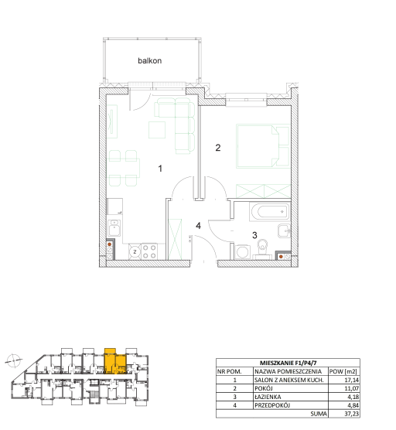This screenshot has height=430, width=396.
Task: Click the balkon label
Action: coord(149,60)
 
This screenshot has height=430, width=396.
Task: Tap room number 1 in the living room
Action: coord(160,169)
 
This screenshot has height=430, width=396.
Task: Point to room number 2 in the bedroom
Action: coord(218,148)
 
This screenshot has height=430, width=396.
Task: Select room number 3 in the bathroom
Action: coord(254,235)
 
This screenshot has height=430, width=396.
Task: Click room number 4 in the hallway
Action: coord(198,226)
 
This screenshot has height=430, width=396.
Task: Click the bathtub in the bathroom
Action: coord(269,211)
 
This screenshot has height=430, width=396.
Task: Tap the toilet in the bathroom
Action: coord(263,249)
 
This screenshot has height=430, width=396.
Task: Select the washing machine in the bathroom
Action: coord(242,251)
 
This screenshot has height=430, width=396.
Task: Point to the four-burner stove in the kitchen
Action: coord(149,251)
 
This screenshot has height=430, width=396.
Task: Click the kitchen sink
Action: coord(114,228)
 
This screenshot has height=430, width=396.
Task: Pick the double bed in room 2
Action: coord(263,146)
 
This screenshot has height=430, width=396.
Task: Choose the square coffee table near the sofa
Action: coord(157,130)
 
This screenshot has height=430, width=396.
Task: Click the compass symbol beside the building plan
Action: coord(13,360)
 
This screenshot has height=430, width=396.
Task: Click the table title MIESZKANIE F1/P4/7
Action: coord(288,363)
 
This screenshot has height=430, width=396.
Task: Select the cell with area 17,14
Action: coord(352,380)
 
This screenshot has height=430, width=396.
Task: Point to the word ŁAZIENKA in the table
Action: coord(268,397)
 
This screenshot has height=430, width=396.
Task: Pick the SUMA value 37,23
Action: coord(352,414)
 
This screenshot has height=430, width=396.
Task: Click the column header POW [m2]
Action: coord(343,371)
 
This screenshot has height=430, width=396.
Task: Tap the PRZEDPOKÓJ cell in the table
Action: coord(272,405)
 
